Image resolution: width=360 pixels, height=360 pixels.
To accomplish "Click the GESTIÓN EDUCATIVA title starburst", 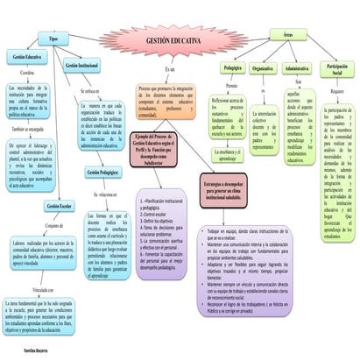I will click(x=172, y=41).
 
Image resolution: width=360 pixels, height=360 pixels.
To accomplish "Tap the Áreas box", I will click(x=287, y=32).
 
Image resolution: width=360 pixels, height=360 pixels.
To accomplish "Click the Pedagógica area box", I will click(x=232, y=67).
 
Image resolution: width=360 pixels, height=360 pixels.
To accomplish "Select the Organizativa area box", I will click(x=263, y=67).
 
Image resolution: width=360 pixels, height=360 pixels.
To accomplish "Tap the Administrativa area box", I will click(x=298, y=67).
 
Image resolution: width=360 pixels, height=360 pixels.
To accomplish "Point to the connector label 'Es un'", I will click(x=171, y=68).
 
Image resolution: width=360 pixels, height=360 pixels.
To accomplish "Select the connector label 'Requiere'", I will click(x=338, y=90).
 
